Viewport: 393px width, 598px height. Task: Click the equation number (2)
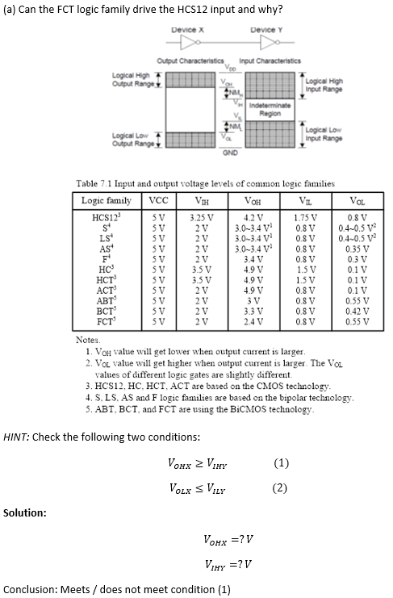(x=280, y=487)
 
